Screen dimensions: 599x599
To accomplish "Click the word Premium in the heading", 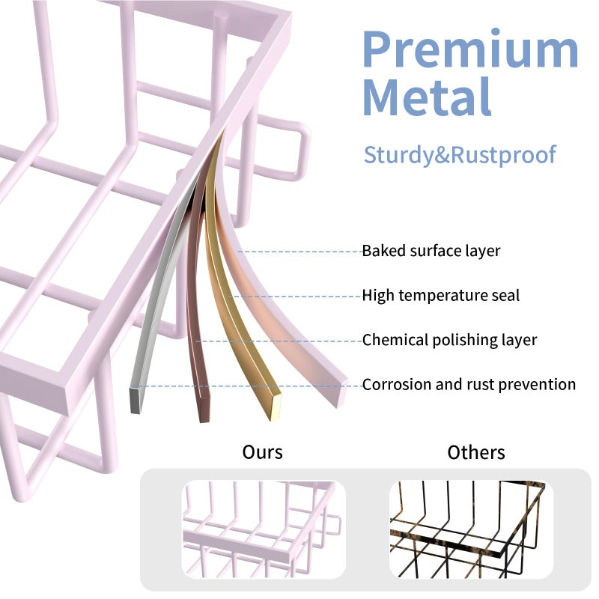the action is [x=471, y=49].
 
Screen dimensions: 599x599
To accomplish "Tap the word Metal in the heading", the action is [x=427, y=97].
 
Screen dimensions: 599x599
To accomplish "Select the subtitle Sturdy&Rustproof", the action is [x=460, y=155].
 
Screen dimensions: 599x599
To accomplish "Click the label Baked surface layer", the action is [x=431, y=251].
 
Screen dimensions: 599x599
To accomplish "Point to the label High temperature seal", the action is [x=441, y=296].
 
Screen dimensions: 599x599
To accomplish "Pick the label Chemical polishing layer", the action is [x=450, y=340].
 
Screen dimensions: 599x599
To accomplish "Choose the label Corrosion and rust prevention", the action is [x=469, y=384].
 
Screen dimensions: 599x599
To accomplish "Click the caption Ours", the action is [x=263, y=452].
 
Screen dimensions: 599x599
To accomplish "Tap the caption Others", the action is [x=476, y=452].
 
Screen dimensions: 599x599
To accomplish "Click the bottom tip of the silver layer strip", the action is [x=136, y=400].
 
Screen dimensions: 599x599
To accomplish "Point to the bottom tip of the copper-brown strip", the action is [x=204, y=410].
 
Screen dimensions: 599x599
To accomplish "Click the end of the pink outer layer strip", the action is [x=341, y=394].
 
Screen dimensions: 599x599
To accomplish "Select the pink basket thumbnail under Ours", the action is [x=264, y=529].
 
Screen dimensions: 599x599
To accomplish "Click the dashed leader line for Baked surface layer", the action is [x=300, y=252].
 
